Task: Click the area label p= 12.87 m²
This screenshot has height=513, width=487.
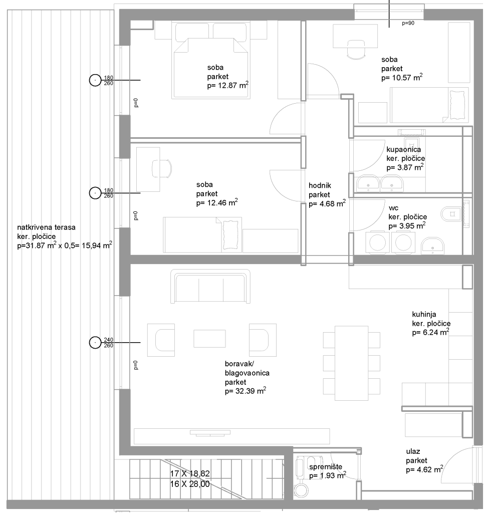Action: point(227,85)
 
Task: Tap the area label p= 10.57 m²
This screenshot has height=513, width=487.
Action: point(402,78)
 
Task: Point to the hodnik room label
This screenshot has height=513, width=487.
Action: point(320,185)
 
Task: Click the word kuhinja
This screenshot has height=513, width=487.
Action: point(424,315)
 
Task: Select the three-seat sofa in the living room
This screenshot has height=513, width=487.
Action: point(210,287)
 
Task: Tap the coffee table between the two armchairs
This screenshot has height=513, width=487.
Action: point(209,338)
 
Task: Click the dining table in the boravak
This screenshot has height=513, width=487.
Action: point(351,363)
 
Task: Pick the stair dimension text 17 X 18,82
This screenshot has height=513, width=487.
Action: point(190,473)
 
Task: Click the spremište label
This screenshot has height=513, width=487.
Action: point(326,467)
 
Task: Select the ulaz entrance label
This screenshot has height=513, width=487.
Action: point(413,451)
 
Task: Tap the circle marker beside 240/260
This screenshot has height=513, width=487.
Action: point(95,343)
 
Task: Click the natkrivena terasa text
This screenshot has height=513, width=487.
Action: point(46,227)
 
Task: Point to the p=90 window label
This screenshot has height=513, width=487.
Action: point(408,23)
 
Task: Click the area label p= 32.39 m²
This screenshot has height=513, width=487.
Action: point(245,391)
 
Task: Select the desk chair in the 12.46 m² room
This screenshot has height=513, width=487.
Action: point(162,168)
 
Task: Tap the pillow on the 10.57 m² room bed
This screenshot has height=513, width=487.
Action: point(457,105)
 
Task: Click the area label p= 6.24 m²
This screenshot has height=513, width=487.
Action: point(430,332)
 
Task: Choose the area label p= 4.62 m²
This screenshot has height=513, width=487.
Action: point(424,469)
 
